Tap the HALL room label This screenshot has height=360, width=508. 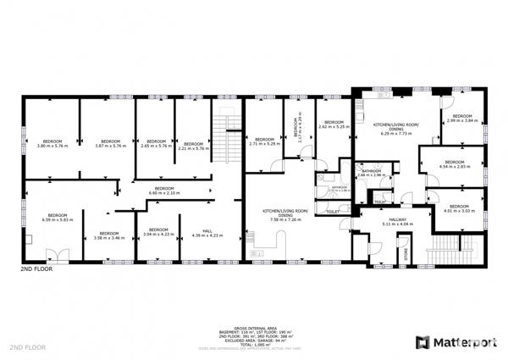pos(207,232)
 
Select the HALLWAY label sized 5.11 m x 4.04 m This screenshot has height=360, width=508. pos(373,220)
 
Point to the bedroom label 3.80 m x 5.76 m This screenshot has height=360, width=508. pos(52,144)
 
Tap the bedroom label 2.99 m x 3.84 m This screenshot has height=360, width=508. pos(461,119)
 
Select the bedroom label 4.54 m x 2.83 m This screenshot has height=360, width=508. pos(455,164)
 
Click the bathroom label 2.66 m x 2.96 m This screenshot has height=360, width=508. pos(371,174)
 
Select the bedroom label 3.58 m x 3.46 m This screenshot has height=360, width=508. pos(109,235)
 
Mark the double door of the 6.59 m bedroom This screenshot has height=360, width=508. pos(52,253)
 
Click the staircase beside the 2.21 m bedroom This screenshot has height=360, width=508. pos(224,136)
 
